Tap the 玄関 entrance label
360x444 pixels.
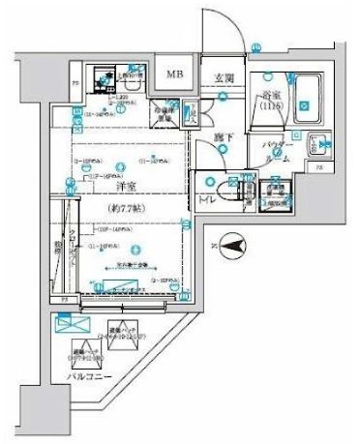click(x=224, y=79)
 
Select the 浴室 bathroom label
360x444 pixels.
click(x=268, y=99)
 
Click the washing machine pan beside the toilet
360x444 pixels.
click(x=277, y=191)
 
